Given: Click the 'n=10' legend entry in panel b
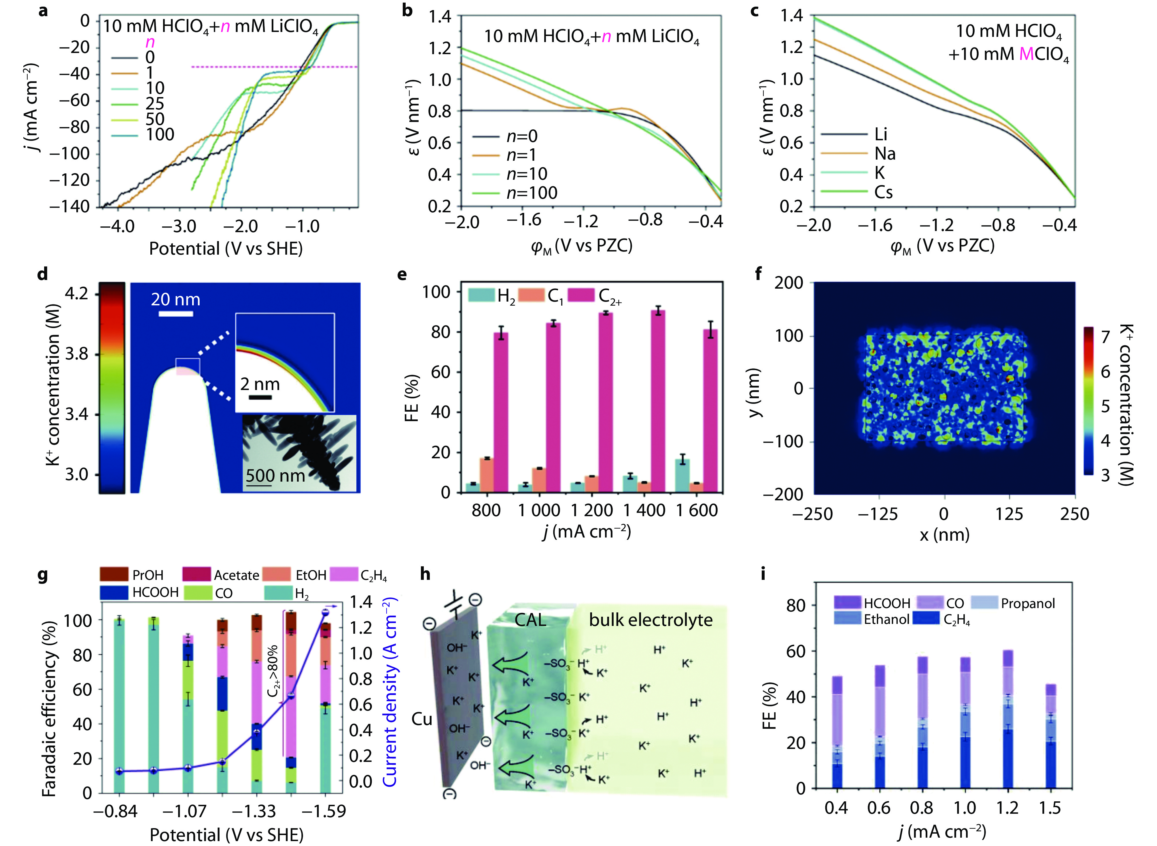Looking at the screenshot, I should pos(527,174).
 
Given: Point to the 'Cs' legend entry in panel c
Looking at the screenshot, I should pos(883,192).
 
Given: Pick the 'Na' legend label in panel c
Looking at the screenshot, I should pos(884,154).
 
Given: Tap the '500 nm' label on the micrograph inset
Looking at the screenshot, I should pos(275,476).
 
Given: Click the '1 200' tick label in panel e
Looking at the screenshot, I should pos(591,510).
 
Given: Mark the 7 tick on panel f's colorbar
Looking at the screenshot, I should pos(1105,337).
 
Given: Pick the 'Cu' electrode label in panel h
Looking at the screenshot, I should pos(422,719).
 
